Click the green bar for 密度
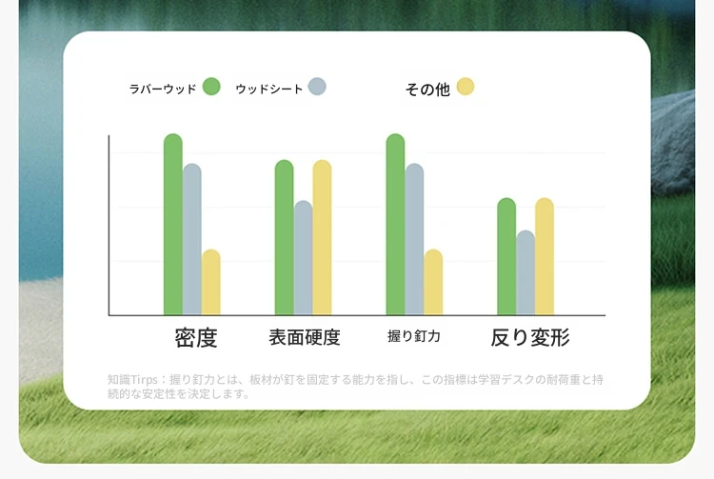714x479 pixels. pos(173,224)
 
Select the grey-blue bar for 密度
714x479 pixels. pos(192,239)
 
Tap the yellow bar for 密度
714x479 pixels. pos(210,282)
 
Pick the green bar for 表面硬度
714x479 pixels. pos(284,237)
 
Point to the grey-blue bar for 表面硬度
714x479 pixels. pos(304,258)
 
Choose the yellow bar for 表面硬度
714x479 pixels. pos(322,237)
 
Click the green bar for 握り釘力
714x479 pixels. pos(395,224)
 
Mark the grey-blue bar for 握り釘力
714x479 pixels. pos(414,239)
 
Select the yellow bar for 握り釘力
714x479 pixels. pos(433,282)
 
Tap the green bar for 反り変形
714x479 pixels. pos(506,256)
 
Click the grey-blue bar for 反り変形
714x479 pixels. pos(526,272)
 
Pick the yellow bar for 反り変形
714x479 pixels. pos(545,256)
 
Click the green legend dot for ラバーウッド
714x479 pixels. pos(211,87)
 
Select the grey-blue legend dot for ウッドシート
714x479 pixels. pos(317,87)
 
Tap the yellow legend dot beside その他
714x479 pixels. pos(466,87)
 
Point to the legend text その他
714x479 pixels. pos(427,90)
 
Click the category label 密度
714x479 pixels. pos(196,337)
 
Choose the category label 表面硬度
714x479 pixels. pos(305,337)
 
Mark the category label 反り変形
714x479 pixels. pos(530,337)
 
